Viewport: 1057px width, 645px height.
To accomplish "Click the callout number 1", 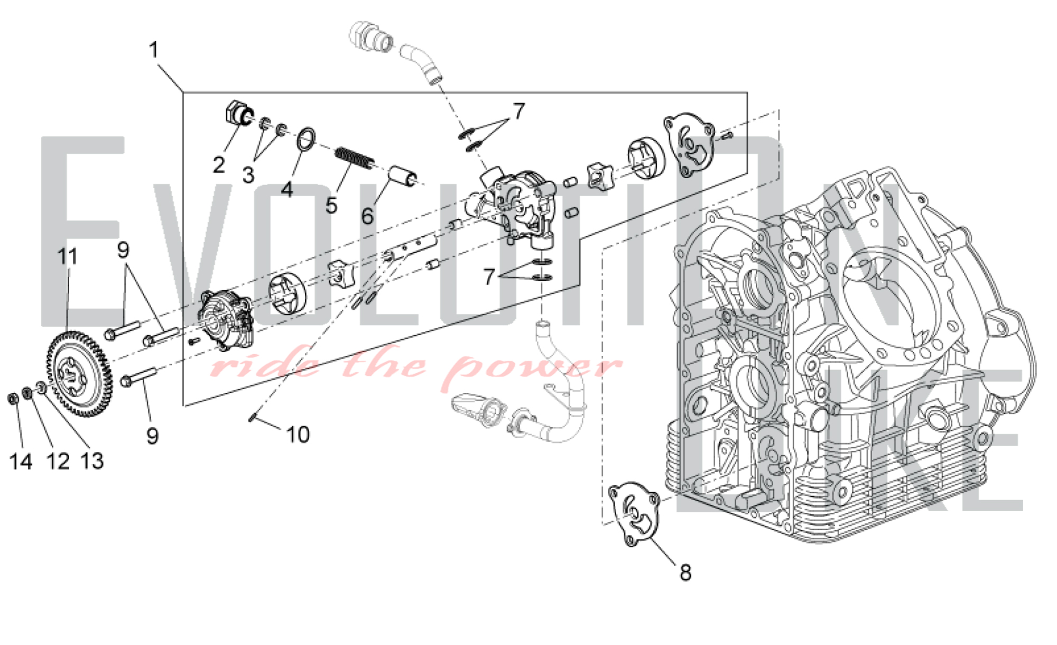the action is pos(154,50).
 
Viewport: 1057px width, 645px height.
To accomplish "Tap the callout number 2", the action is pos(219,165).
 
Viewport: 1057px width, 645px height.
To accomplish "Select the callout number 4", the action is pos(287,189).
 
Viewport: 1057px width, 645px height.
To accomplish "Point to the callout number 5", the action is pos(331,205).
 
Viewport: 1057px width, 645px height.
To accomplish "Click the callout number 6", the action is pos(367,216).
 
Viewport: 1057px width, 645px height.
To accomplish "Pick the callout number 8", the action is pos(685,572).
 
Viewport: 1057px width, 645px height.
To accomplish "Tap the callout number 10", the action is pos(298,435).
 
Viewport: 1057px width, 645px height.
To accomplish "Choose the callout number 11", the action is pos(68,257).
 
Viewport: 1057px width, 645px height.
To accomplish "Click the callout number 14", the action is pos(21,462).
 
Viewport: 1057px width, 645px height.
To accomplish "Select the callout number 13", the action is pos(92,461).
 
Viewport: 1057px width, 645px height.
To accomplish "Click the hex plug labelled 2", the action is pos(238,112).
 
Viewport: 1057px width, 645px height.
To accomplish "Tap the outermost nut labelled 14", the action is pos(14,398).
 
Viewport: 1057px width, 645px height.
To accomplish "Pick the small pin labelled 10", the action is pos(253,419).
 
